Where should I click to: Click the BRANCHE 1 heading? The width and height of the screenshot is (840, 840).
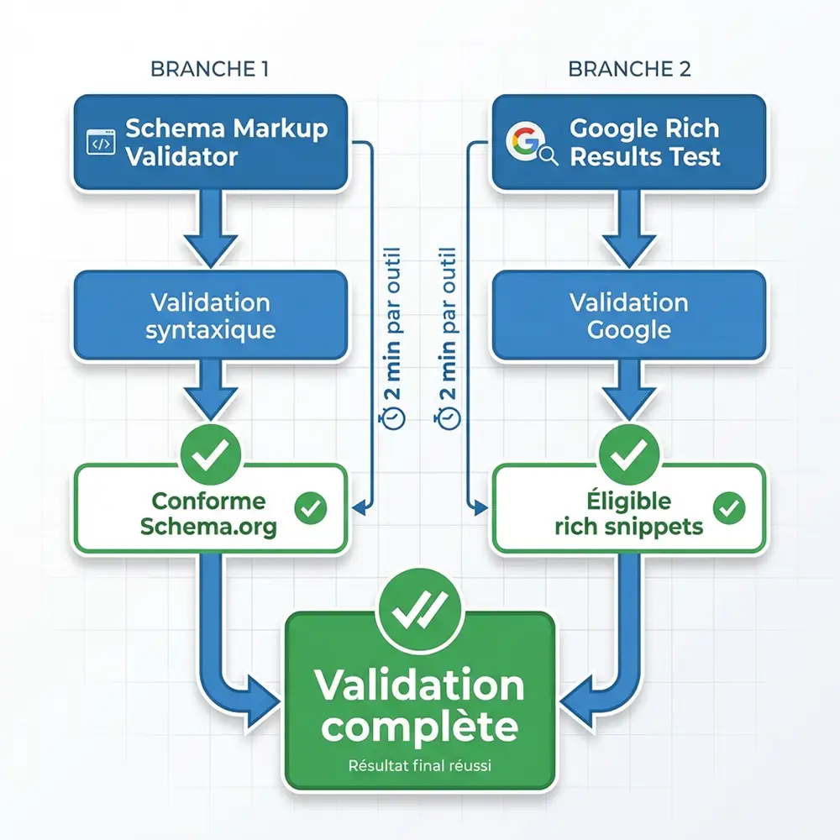[x=209, y=69]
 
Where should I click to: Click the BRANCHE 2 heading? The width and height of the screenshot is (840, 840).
[x=629, y=69]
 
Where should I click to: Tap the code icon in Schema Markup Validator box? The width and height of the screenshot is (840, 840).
[x=101, y=144]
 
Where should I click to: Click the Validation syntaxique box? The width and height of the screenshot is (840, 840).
[x=210, y=315]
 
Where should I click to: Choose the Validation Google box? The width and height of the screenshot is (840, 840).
[x=629, y=315]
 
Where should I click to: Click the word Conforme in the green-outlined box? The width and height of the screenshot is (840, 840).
[x=208, y=501]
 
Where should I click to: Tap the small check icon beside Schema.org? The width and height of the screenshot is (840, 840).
[x=312, y=507]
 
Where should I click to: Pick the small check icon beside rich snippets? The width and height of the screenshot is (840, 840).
[x=728, y=507]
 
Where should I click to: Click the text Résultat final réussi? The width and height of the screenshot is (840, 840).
[x=420, y=765]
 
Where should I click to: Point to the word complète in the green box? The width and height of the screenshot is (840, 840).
[x=420, y=727]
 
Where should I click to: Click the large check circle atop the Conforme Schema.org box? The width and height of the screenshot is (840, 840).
[x=210, y=454]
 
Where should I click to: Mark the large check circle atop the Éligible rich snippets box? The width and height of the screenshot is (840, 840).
[x=629, y=454]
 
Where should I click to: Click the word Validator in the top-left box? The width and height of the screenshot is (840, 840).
[x=181, y=156]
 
